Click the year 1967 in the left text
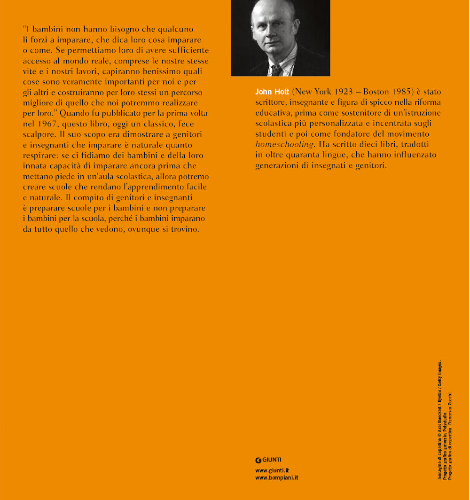pos(43,124)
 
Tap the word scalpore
pos(37,134)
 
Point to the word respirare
pos(39,155)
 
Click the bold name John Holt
pos(272,92)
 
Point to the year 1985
pos(401,92)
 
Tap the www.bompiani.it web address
pos(277,477)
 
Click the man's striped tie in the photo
pos(276,70)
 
